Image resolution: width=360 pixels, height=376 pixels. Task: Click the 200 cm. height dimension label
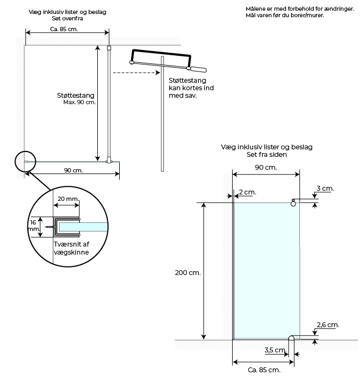188,273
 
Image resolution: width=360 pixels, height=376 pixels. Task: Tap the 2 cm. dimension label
248,192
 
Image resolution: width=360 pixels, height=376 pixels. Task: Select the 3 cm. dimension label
325,188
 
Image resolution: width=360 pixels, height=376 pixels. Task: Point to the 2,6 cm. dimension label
328,324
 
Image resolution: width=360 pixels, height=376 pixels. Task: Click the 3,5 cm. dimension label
276,350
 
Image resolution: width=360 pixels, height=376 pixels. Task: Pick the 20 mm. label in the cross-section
68,199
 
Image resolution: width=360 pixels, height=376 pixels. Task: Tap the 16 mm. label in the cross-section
33,226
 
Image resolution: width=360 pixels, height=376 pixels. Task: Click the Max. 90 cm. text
80,103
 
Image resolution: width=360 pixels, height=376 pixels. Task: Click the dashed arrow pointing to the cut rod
136,73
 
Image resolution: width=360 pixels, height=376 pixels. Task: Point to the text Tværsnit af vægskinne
71,248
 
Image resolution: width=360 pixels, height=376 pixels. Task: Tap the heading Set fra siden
267,155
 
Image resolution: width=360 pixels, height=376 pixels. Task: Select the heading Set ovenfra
67,18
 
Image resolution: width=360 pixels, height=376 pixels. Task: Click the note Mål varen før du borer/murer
285,16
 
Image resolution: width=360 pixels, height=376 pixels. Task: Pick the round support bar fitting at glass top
293,204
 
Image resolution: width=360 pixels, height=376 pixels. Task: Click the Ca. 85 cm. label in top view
64,29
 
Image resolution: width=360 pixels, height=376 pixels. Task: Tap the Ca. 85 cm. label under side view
264,370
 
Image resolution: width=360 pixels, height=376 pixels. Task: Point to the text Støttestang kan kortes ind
191,84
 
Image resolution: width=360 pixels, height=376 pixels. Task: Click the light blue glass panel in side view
267,271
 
